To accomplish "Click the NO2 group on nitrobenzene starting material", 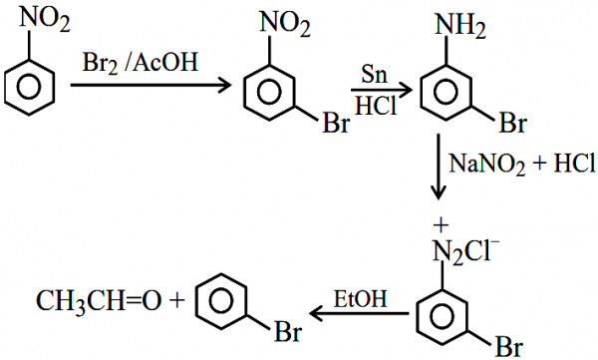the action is [x=45, y=20].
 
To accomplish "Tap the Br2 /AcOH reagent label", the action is [x=141, y=62].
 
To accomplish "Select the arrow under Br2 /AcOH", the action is [x=150, y=85].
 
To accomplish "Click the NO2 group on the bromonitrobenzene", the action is [x=285, y=24].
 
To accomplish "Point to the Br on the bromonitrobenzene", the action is [x=336, y=123].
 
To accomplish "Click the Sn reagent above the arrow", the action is [x=374, y=74].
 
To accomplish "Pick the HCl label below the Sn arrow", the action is [x=376, y=105].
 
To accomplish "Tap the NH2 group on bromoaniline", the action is [x=460, y=26].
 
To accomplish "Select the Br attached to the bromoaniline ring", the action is [x=513, y=123].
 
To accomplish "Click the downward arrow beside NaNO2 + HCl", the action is [x=439, y=167].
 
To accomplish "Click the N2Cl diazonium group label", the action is [x=465, y=251].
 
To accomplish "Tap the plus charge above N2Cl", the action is [x=441, y=225].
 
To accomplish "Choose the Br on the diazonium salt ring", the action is [x=509, y=347].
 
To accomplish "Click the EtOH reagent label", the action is [x=361, y=299].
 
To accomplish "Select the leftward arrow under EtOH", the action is [x=359, y=314].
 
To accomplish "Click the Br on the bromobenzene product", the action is [x=288, y=331].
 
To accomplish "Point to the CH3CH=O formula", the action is [x=99, y=301].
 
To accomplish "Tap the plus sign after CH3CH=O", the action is [x=176, y=301].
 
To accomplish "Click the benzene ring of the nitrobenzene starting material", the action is [x=29, y=87].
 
